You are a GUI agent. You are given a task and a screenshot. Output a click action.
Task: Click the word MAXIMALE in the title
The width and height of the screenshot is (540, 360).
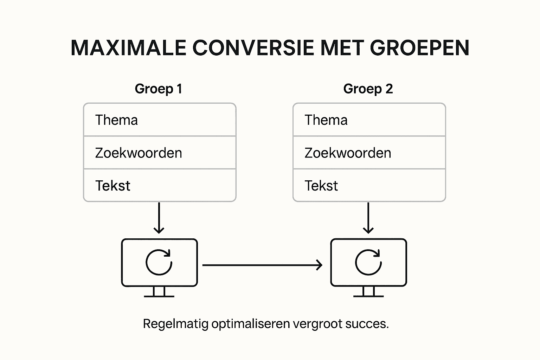tap(128, 48)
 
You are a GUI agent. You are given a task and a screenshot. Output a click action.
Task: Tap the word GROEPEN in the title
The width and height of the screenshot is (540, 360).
tap(419, 48)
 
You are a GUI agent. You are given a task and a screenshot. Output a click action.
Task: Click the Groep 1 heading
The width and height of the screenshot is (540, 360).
tap(159, 89)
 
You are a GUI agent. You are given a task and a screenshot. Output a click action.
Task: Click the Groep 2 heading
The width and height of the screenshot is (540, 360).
tap(368, 89)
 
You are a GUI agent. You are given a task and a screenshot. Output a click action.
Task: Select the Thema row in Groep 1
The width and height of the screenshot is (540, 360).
tap(159, 120)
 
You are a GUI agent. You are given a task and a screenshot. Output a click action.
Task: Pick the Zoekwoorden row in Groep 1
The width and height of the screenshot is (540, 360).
tap(159, 153)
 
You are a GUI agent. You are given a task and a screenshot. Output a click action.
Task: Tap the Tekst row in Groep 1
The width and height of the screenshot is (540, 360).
tap(159, 186)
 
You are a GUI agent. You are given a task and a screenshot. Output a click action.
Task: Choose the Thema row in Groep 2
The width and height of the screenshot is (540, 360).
tap(369, 120)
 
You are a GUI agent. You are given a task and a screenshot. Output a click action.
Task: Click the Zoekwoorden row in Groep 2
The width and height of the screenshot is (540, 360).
tap(369, 153)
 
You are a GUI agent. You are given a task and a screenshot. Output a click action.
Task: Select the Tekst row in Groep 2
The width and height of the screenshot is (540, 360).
tap(369, 186)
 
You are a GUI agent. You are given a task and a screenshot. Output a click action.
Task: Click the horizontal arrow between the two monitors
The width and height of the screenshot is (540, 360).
tap(262, 265)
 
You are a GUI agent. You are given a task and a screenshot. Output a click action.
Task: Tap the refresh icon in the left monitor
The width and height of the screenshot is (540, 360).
tap(159, 262)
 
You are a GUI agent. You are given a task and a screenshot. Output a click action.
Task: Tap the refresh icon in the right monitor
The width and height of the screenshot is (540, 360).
tap(368, 262)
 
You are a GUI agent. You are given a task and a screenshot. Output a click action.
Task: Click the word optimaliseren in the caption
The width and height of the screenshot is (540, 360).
tap(251, 324)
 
